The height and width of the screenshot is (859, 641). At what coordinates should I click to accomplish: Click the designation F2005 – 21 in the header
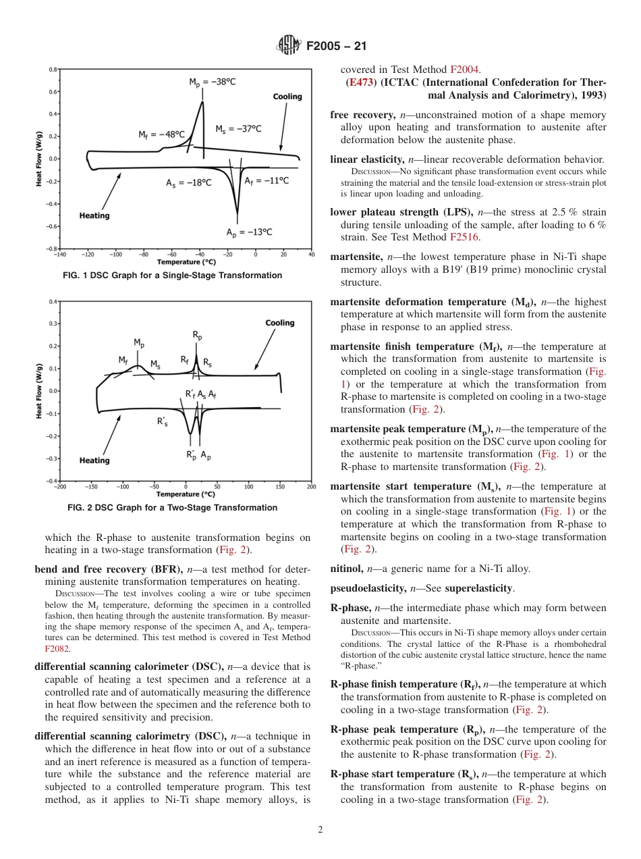pyautogui.click(x=336, y=47)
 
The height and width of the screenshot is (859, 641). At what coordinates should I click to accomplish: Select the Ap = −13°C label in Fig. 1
pyautogui.click(x=249, y=232)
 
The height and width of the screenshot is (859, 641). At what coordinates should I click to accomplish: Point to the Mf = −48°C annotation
pyautogui.click(x=161, y=134)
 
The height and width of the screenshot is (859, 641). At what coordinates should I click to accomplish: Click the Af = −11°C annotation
pyautogui.click(x=266, y=180)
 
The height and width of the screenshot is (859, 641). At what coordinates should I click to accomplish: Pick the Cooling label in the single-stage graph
pyautogui.click(x=287, y=97)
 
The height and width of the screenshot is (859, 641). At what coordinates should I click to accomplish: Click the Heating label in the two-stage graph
pyautogui.click(x=94, y=461)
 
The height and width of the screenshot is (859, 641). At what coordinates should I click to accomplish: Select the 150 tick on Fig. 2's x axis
pyautogui.click(x=280, y=486)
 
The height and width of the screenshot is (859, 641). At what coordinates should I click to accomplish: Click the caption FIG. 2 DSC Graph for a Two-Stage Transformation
pyautogui.click(x=173, y=508)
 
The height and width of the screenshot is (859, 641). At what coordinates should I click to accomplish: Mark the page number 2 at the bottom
pyautogui.click(x=320, y=830)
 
